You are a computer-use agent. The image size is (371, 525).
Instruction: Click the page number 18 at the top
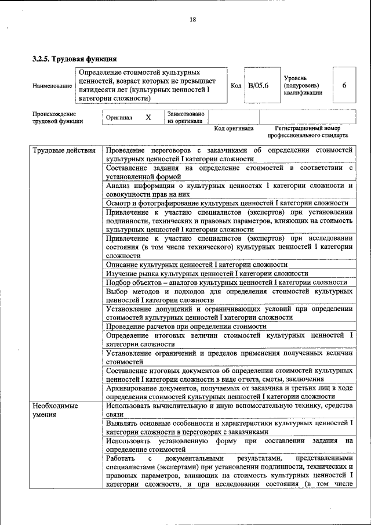pyautogui.click(x=193, y=20)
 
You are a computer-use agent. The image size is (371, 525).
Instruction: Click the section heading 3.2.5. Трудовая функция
pyautogui.click(x=75, y=59)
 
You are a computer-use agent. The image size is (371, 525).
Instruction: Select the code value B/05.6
pyautogui.click(x=258, y=86)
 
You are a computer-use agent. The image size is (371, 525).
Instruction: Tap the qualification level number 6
pyautogui.click(x=344, y=86)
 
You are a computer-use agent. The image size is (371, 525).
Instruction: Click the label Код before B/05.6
pyautogui.click(x=236, y=86)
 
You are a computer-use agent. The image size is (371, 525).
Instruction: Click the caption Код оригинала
pyautogui.click(x=234, y=128)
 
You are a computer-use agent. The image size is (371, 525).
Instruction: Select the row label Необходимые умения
pyautogui.click(x=55, y=410)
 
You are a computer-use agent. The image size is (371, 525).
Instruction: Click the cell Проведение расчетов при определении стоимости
pyautogui.click(x=186, y=327)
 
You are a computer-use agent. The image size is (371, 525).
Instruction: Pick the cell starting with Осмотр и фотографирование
pyautogui.click(x=227, y=203)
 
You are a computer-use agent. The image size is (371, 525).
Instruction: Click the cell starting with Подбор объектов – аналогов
pyautogui.click(x=227, y=282)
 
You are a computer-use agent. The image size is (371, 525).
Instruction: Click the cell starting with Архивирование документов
pyautogui.click(x=230, y=392)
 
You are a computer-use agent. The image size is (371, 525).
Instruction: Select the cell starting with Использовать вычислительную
pyautogui.click(x=230, y=410)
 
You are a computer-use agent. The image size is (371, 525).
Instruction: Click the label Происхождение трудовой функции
pyautogui.click(x=58, y=118)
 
